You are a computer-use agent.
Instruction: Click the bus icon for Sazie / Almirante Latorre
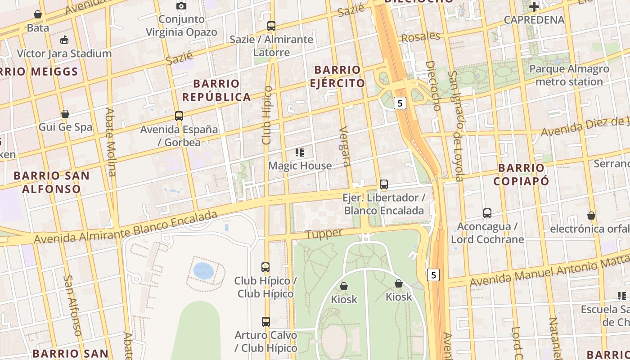tap(271, 26)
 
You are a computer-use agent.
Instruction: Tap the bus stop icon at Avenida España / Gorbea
tap(179, 116)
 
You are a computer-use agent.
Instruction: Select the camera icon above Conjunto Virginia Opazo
tap(181, 6)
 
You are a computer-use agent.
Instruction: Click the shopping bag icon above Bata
tap(38, 14)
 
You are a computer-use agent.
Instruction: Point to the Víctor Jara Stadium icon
tap(65, 40)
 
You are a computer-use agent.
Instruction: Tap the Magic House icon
tap(300, 153)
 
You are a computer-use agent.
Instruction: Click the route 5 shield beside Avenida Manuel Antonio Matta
tap(433, 274)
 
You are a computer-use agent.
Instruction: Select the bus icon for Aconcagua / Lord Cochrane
tap(487, 213)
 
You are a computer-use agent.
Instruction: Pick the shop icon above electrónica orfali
tap(591, 216)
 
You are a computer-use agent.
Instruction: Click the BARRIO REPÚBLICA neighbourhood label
tap(216, 90)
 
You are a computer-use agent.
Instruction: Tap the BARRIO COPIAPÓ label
tap(521, 175)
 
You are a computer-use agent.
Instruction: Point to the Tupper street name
tap(324, 234)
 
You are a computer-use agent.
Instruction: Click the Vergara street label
tap(345, 147)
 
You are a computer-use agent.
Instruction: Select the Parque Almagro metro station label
tap(569, 76)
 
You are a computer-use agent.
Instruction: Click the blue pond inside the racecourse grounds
tap(203, 271)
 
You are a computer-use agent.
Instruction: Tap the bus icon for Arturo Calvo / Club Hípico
tap(266, 322)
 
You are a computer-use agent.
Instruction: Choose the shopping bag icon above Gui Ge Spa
tap(65, 114)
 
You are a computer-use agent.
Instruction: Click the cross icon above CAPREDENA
tap(534, 7)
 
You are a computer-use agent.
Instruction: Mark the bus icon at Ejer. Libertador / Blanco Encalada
tap(384, 184)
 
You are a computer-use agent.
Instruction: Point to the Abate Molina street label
tap(111, 142)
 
